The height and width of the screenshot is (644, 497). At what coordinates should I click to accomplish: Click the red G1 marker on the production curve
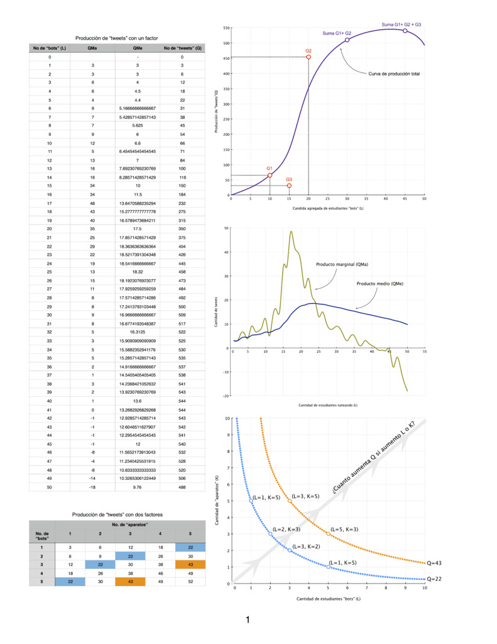(x=270, y=175)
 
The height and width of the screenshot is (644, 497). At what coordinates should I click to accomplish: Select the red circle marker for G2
(x=309, y=57)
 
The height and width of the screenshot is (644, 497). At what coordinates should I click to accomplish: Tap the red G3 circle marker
(x=289, y=186)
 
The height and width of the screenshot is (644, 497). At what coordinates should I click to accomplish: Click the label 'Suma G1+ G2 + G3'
(x=401, y=25)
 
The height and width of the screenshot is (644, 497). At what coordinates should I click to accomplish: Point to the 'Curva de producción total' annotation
(x=394, y=74)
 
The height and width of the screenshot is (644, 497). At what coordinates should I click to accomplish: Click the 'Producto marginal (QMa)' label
(x=342, y=265)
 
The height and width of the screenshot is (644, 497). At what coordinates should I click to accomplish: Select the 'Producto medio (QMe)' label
(x=380, y=284)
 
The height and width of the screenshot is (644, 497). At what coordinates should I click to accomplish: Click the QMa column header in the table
(x=92, y=48)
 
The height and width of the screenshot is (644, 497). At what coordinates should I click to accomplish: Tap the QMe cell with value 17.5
(x=137, y=228)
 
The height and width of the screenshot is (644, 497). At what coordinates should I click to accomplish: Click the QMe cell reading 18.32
(x=137, y=272)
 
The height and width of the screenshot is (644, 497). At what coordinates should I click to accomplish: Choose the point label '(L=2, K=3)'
(x=287, y=529)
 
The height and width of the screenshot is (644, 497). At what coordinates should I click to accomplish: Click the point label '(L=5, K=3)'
(x=344, y=529)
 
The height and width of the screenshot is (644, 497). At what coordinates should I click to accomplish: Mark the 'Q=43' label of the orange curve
(x=434, y=563)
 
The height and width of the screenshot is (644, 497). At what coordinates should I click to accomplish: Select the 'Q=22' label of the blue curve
(x=434, y=579)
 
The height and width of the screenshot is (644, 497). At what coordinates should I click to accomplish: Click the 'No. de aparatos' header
(x=130, y=524)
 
